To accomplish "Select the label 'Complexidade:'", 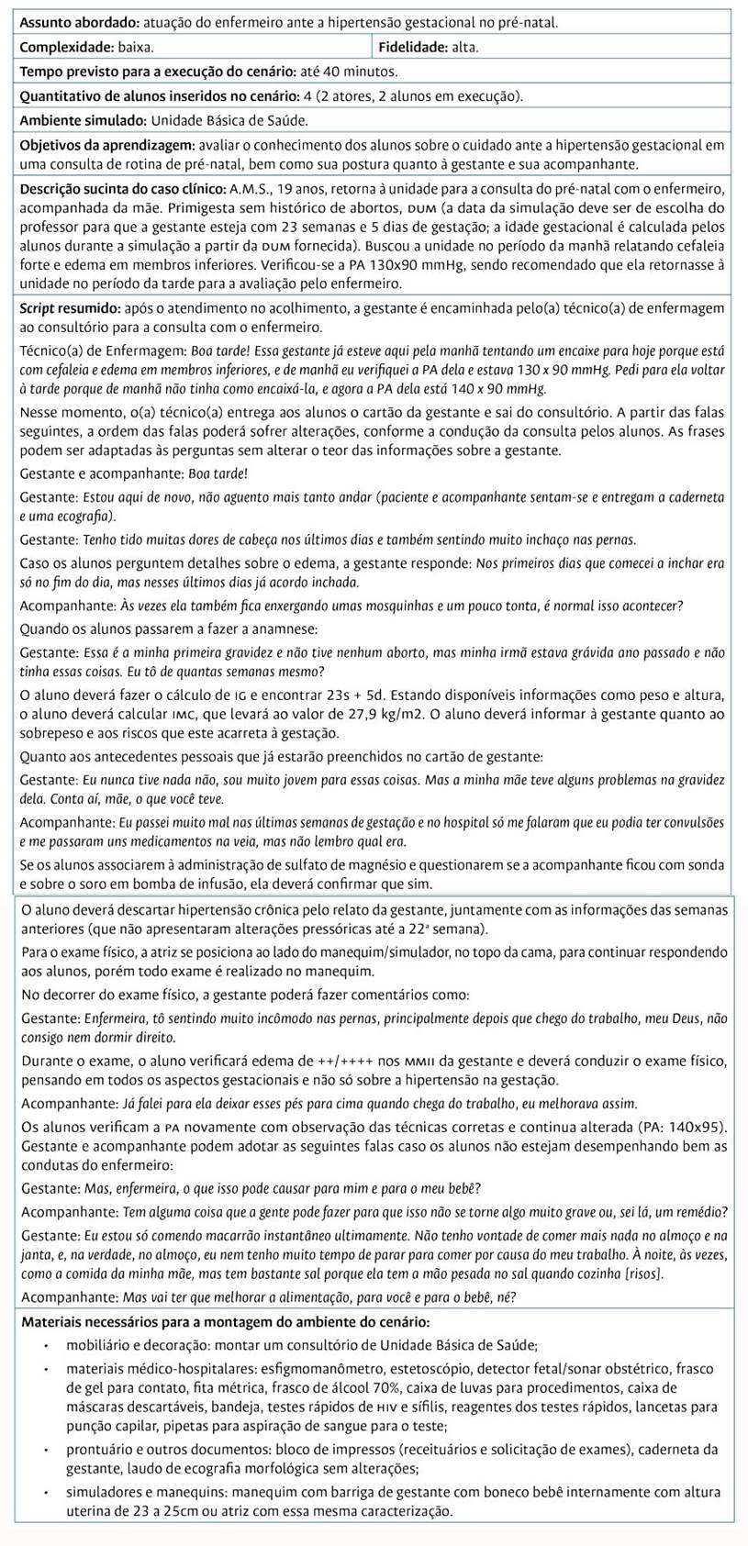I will (x=61, y=46).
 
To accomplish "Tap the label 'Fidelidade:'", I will (x=413, y=46).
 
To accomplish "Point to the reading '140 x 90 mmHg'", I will (x=501, y=389).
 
